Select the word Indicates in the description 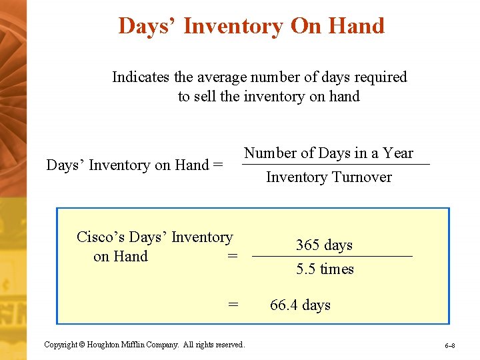point(140,77)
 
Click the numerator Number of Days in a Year point(328,153)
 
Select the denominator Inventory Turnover point(329,177)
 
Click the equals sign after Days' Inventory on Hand point(217,165)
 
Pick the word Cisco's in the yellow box point(101,237)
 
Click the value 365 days point(324,245)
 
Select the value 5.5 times point(325,269)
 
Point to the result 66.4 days point(300,305)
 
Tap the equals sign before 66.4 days point(233,305)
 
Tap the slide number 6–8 point(450,346)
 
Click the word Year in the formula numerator point(398,153)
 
